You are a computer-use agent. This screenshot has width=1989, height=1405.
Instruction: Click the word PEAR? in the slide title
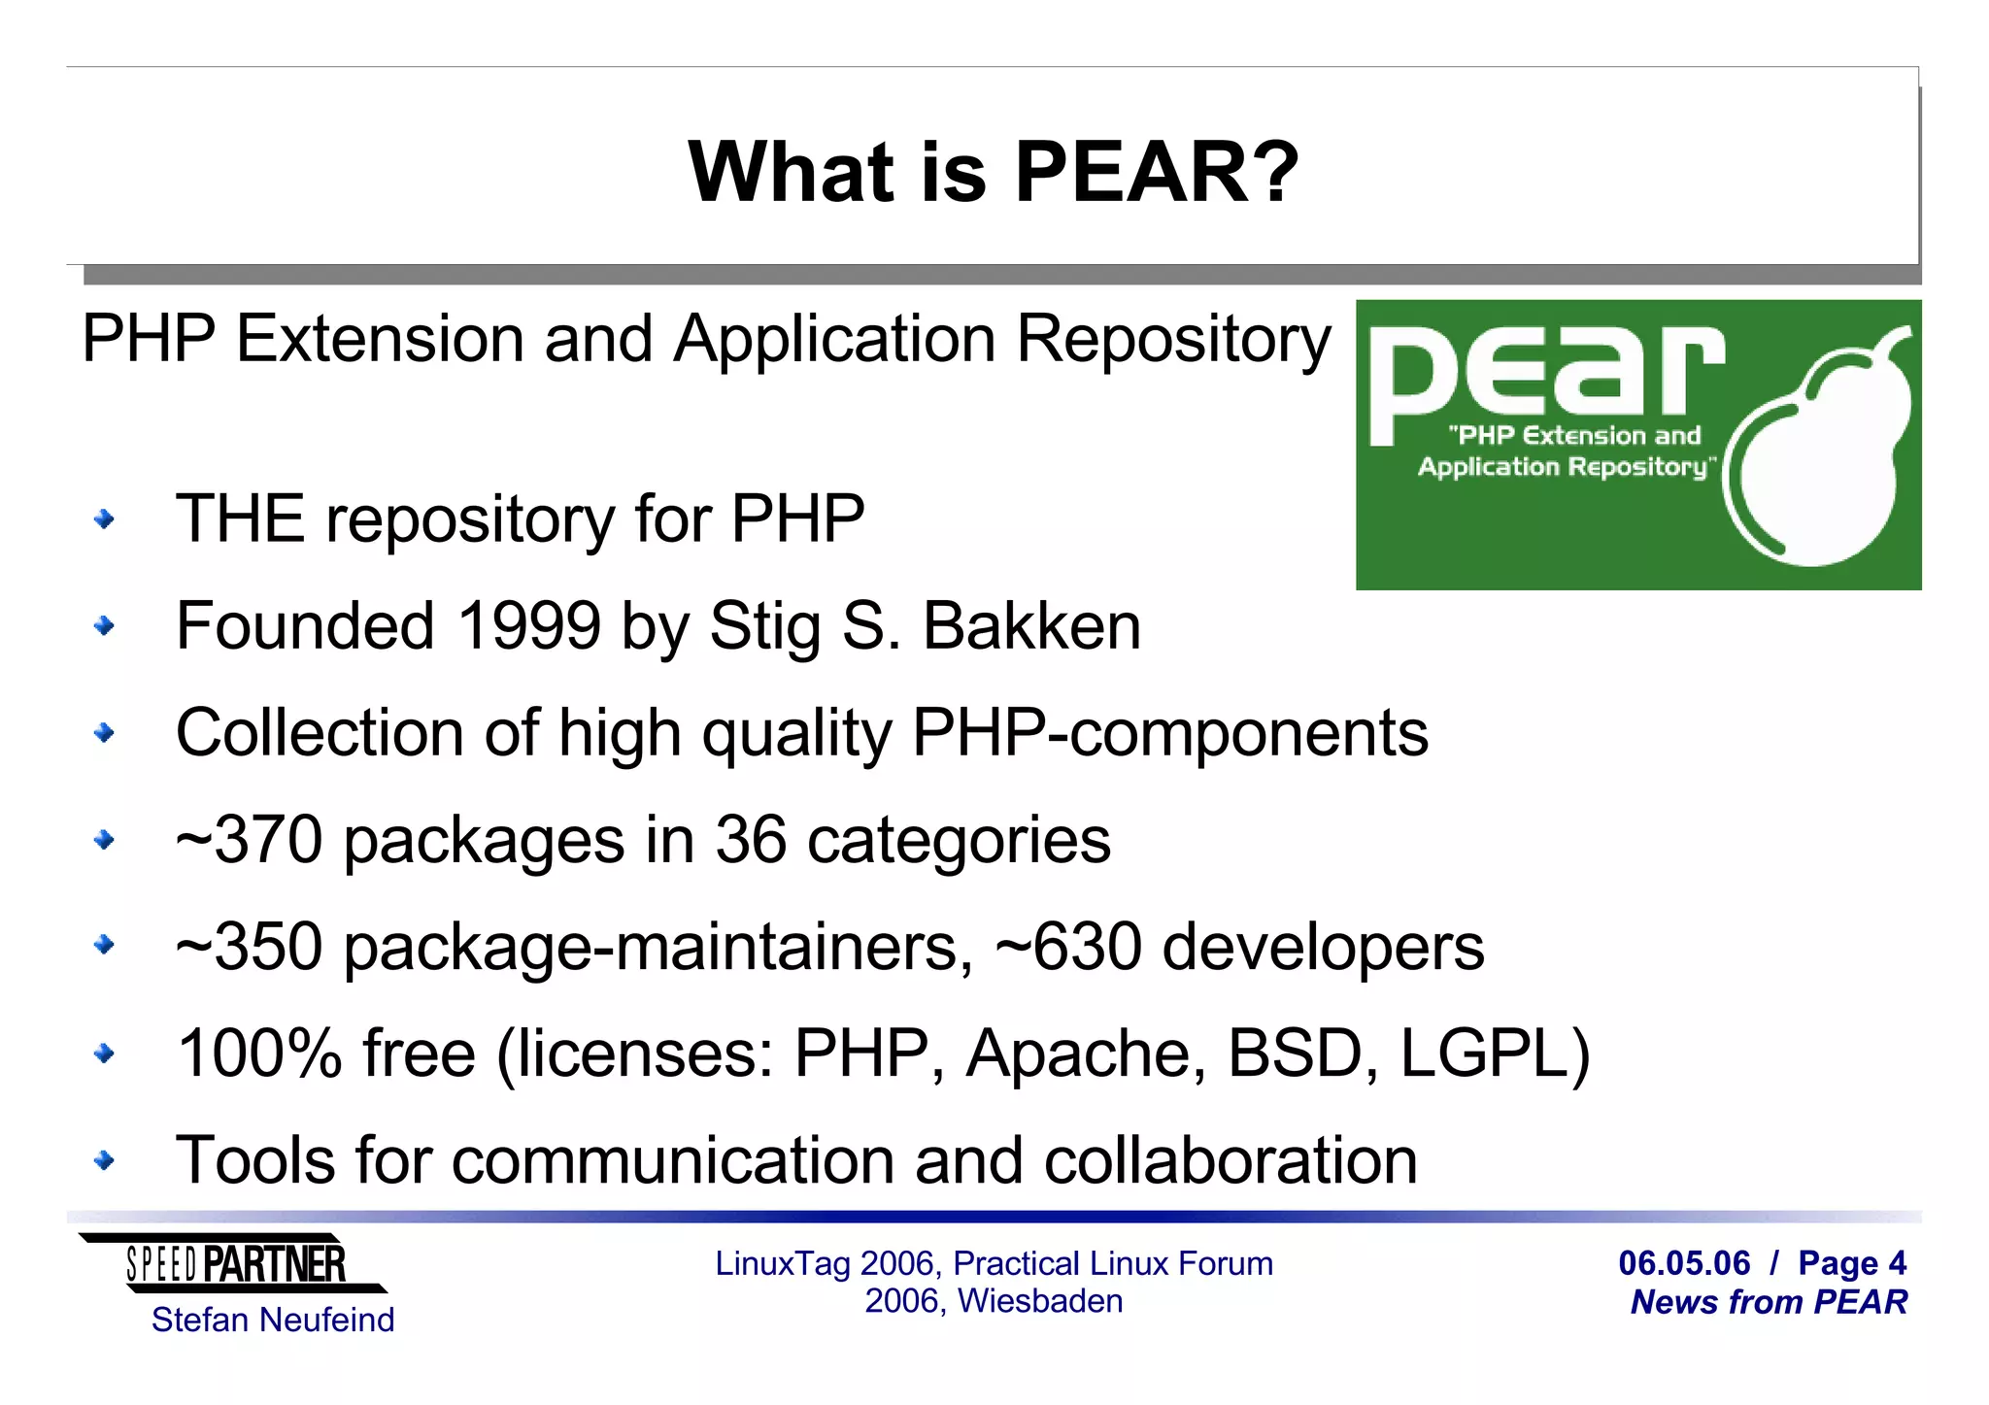1156,173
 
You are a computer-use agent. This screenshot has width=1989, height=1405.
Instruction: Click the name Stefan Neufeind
273,1320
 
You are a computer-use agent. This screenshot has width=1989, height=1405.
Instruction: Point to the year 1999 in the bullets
528,626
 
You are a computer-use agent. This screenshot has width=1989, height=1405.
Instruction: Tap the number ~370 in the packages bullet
249,840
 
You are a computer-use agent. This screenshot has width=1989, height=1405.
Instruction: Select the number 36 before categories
750,840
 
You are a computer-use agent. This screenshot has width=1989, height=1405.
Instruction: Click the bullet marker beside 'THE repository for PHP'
104,520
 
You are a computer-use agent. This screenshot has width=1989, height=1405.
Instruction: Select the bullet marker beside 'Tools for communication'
104,1160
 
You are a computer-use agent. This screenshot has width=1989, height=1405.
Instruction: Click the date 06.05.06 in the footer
1684,1263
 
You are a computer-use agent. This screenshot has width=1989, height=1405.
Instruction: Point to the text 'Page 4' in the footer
1852,1263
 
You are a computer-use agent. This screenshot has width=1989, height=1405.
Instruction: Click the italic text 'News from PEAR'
1769,1302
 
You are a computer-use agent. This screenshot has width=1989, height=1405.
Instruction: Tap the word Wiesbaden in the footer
1040,1301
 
